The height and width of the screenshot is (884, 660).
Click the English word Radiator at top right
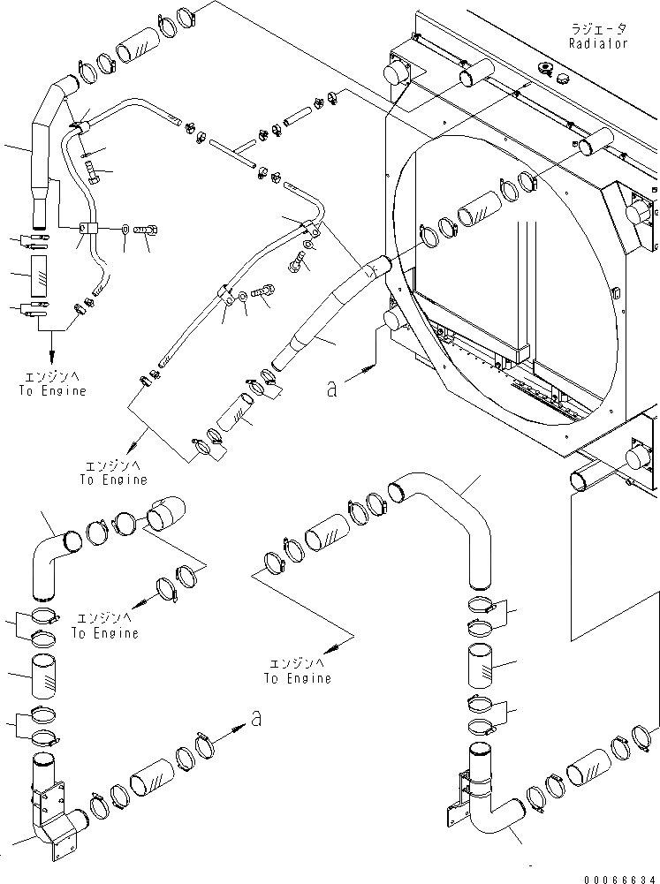(x=600, y=42)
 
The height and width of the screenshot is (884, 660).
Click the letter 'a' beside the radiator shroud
(x=331, y=388)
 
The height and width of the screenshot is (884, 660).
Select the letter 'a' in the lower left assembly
(x=256, y=719)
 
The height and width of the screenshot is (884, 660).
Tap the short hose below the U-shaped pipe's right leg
(x=484, y=662)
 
